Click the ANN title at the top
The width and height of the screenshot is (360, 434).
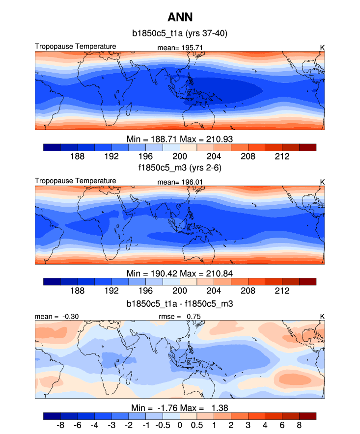click(x=179, y=18)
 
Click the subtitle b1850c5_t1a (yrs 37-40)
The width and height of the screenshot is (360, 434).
click(x=179, y=34)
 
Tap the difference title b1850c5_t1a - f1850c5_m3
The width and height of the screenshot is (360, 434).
click(x=179, y=304)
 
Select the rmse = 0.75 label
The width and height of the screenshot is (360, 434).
click(x=180, y=317)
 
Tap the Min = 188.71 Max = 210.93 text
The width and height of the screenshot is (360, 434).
click(x=179, y=139)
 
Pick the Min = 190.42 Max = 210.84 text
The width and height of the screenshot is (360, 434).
click(x=179, y=273)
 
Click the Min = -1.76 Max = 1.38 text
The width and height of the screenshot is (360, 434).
click(x=179, y=408)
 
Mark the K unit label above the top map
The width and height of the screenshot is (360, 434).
click(x=323, y=48)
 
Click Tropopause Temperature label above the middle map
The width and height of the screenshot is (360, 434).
click(x=76, y=181)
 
